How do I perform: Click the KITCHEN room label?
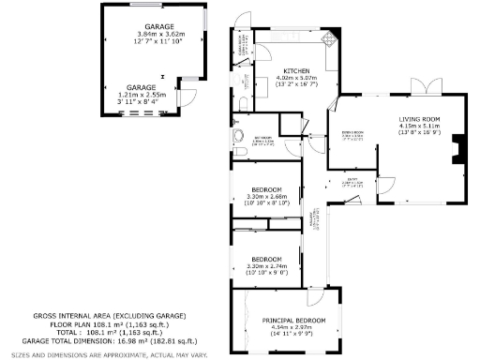297,70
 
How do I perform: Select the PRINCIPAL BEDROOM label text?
293,321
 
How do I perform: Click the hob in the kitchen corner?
329,41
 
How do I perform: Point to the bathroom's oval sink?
235,141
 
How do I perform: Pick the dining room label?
352,134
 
